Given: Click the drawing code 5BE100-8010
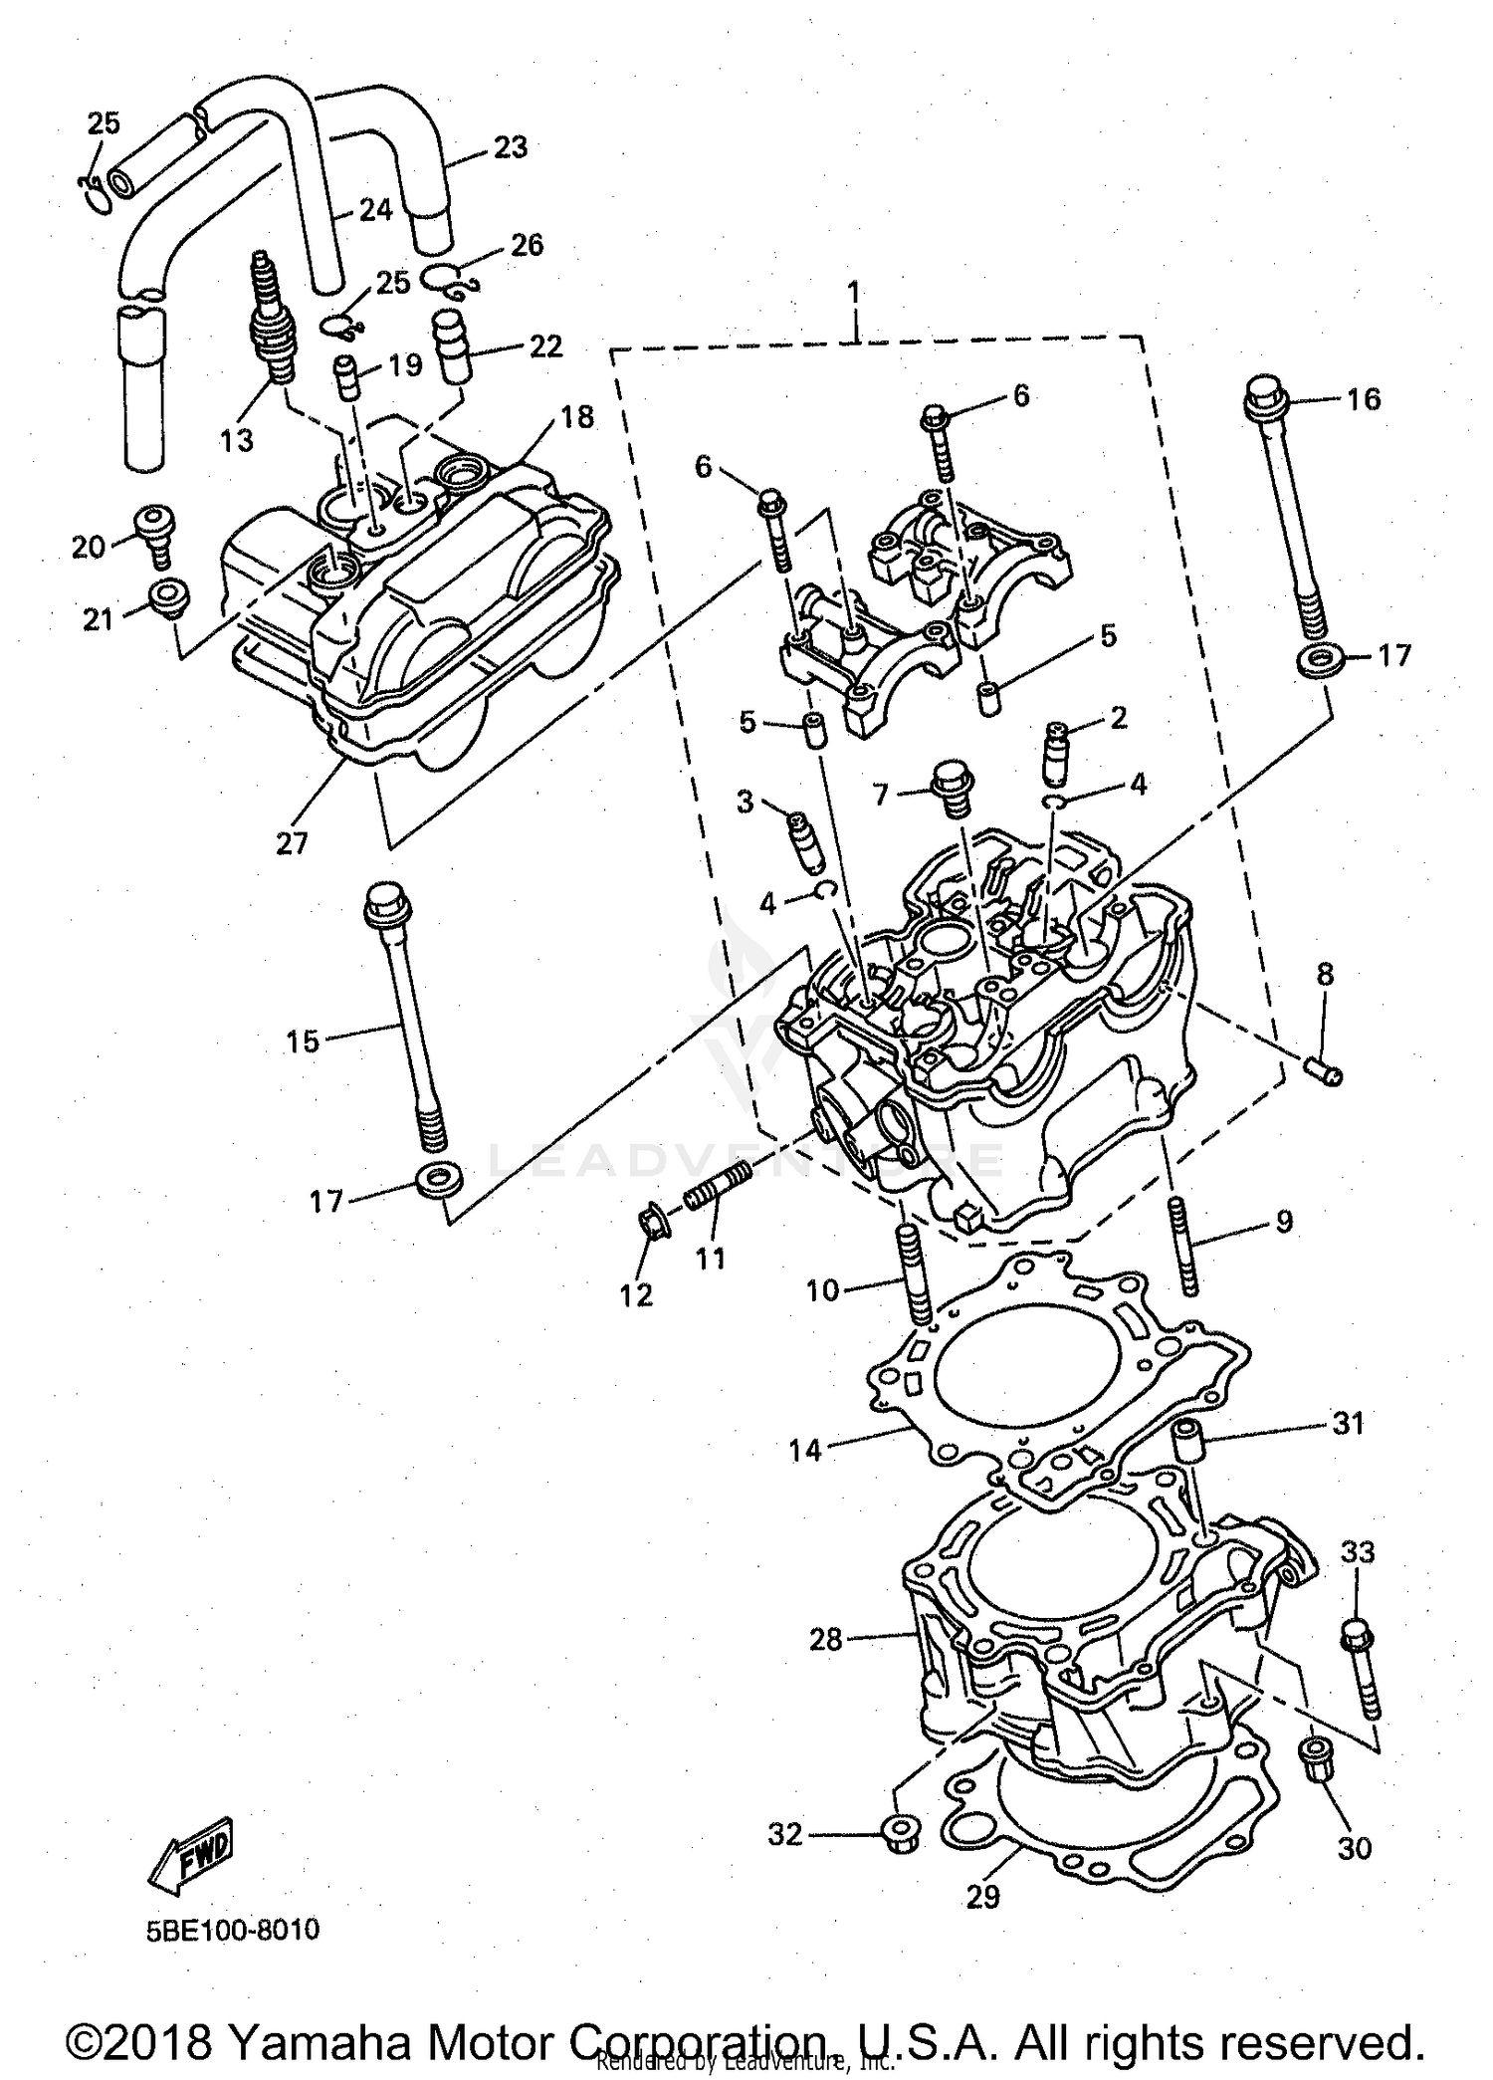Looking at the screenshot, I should pyautogui.click(x=232, y=1931).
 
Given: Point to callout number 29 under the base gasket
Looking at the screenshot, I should pyautogui.click(x=982, y=1897).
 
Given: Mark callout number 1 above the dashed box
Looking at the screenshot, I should pyautogui.click(x=852, y=294).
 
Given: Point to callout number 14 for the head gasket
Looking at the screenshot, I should pyautogui.click(x=805, y=1451).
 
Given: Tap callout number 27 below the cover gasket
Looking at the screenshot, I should pyautogui.click(x=292, y=843).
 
